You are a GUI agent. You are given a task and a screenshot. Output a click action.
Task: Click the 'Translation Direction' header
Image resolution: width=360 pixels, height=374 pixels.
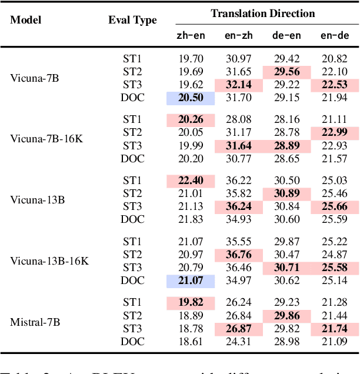coord(263,13)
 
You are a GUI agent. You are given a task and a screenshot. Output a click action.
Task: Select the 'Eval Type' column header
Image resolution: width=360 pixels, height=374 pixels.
coord(132,20)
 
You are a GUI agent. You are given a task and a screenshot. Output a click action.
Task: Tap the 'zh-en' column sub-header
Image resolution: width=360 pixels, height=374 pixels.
coord(191,35)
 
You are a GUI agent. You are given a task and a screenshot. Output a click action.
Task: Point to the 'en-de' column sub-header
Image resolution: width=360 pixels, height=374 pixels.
coord(335,35)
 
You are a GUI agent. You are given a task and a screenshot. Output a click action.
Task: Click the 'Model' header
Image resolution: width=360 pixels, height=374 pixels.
coord(25,20)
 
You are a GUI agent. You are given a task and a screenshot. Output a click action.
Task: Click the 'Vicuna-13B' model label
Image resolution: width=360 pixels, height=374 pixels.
coord(37,199)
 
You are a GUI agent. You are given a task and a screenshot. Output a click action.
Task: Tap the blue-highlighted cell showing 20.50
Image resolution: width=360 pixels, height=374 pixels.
coord(191,98)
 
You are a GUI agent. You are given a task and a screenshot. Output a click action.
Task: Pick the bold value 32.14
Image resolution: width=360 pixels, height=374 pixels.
coord(239,85)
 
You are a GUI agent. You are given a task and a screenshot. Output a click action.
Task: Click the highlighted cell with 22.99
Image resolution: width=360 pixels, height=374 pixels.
coord(335,132)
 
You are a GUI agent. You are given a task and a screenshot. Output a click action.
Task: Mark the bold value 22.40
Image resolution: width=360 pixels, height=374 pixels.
coord(191,180)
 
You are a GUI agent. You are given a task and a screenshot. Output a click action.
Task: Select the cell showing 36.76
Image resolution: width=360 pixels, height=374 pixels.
coord(239,254)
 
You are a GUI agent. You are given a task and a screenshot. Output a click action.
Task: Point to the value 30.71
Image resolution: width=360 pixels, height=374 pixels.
coord(287,268)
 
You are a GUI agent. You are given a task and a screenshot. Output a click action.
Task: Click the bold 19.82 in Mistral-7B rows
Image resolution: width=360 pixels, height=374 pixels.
coord(191,302)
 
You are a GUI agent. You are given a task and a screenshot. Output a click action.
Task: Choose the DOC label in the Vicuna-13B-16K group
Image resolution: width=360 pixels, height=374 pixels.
coord(132,281)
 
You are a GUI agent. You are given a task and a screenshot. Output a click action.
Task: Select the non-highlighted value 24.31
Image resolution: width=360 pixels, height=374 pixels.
coord(239,342)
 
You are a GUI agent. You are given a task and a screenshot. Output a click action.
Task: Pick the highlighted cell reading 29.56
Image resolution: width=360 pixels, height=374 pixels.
coord(287,71)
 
